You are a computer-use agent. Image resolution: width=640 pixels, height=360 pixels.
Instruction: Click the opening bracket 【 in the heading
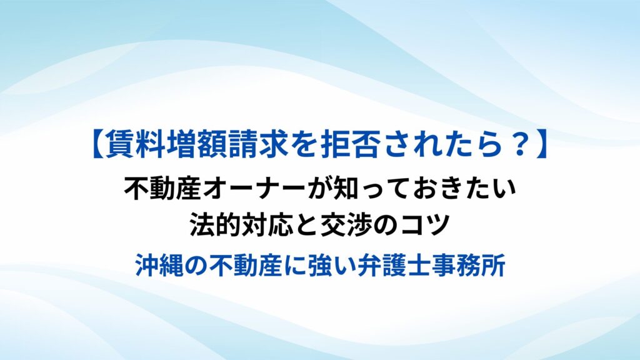tap(98, 145)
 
